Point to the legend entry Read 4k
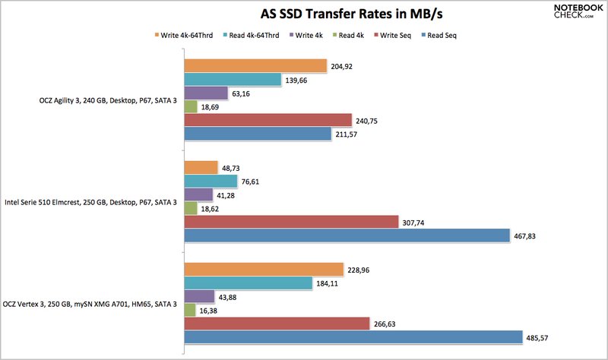click(347, 34)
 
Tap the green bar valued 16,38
click(191, 309)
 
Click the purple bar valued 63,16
click(206, 93)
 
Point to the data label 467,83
click(526, 236)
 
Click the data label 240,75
click(368, 121)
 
